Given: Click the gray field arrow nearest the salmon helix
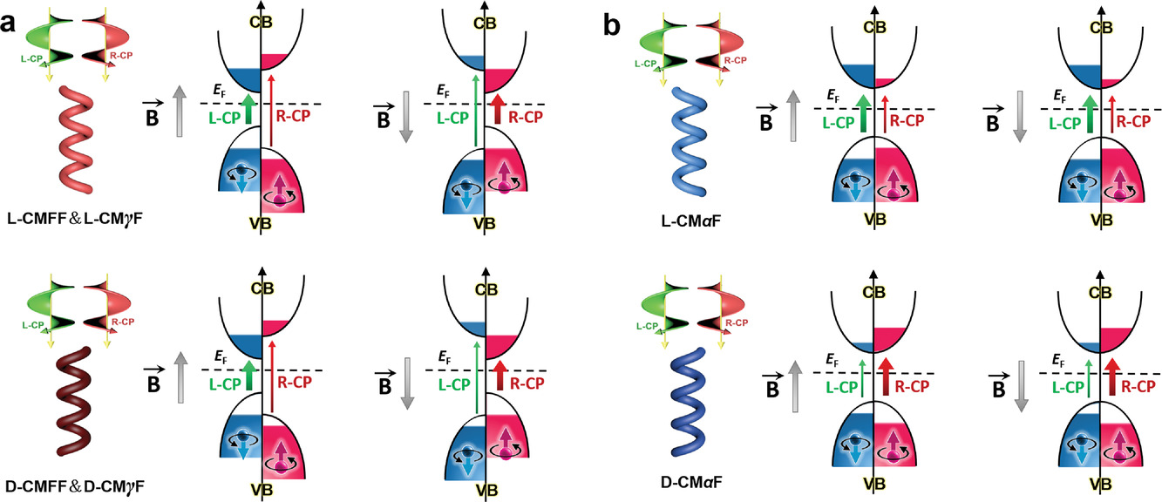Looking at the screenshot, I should pos(177,104).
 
